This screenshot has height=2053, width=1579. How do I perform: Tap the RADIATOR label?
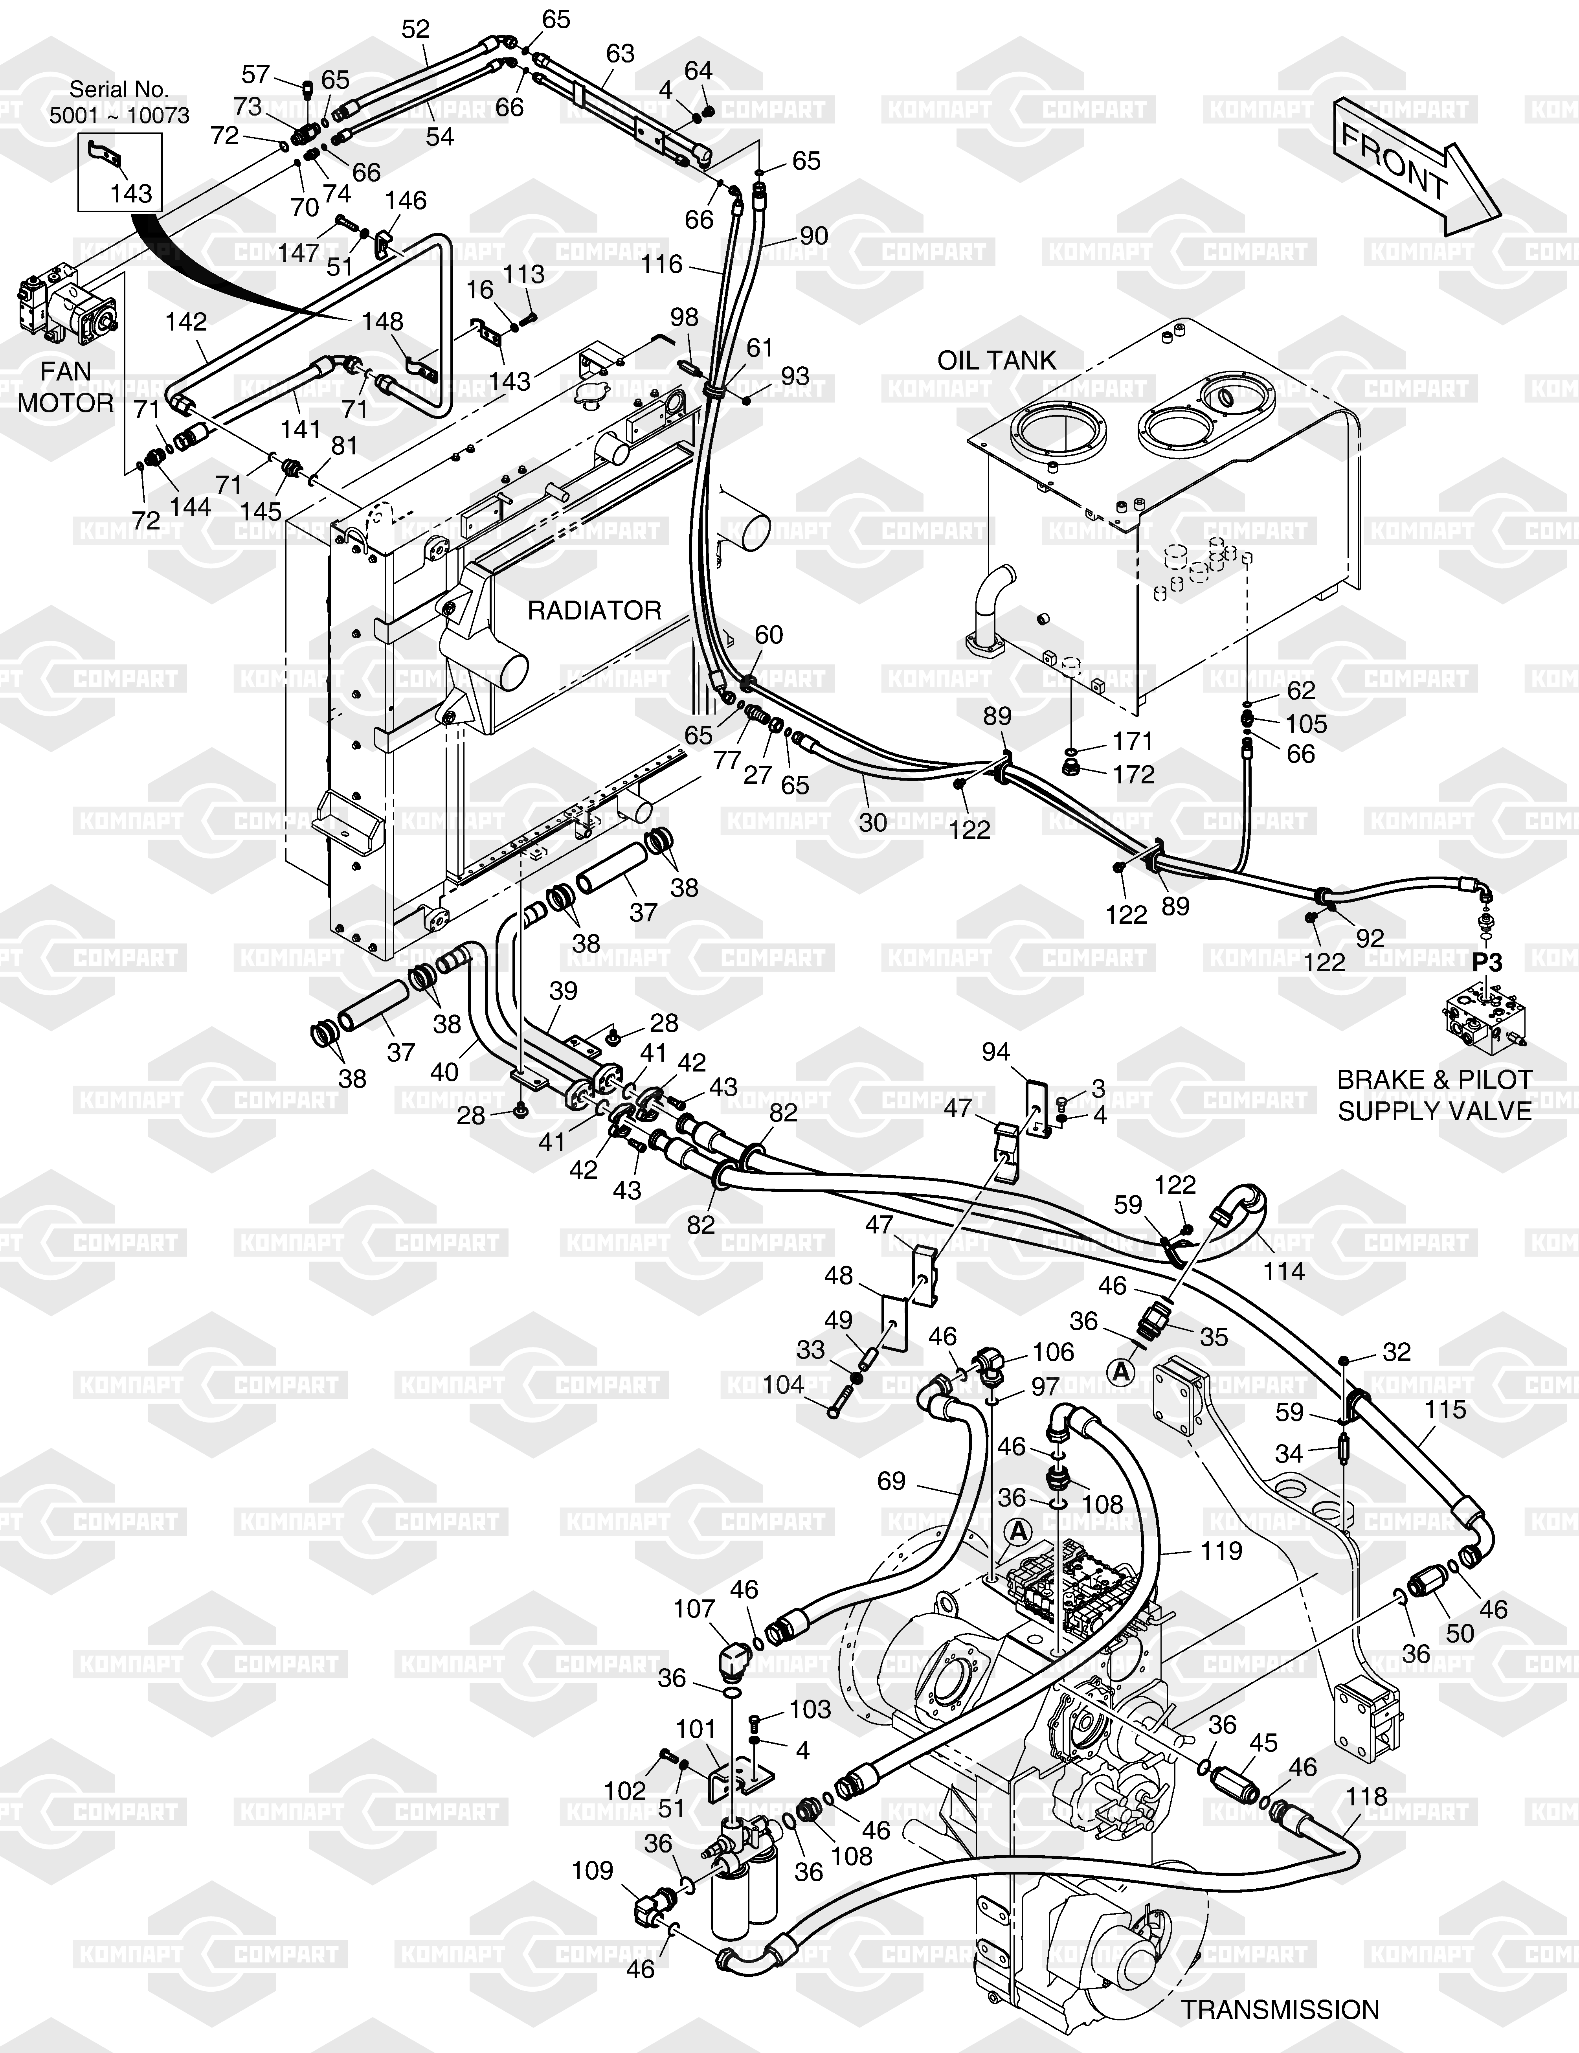click(x=594, y=611)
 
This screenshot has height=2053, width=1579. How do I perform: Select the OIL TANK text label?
click(x=996, y=360)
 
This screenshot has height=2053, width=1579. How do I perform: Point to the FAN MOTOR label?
click(x=66, y=387)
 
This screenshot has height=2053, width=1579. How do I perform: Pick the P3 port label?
click(x=1487, y=963)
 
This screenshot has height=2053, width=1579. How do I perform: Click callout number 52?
click(x=415, y=29)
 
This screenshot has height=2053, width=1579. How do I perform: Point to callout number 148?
click(x=382, y=322)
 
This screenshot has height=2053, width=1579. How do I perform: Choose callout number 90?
click(x=814, y=236)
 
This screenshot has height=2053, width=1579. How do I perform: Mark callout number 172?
click(x=1133, y=775)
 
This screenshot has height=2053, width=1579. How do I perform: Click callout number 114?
click(x=1284, y=1272)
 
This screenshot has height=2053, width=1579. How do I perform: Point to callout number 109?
click(x=592, y=1871)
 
